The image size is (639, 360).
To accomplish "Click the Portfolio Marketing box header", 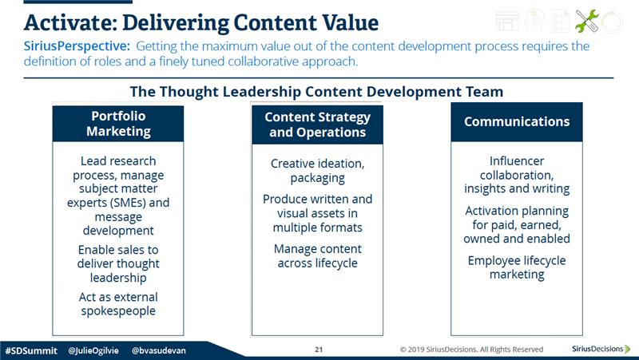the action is pyautogui.click(x=118, y=124).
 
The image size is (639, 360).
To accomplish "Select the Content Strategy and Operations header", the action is pyautogui.click(x=317, y=125).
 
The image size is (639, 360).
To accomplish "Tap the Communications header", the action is pyautogui.click(x=517, y=122).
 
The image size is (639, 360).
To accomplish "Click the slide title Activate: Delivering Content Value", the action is pyautogui.click(x=201, y=22).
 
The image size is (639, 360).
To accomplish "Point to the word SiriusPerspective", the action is pyautogui.click(x=77, y=46).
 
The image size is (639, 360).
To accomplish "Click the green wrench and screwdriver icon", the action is pyautogui.click(x=587, y=21).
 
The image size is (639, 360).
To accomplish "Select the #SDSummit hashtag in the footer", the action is pyautogui.click(x=31, y=350).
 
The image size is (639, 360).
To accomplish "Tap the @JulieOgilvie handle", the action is pyautogui.click(x=93, y=350).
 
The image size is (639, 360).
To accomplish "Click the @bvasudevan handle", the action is pyautogui.click(x=158, y=350).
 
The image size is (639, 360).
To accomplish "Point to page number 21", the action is pyautogui.click(x=319, y=350).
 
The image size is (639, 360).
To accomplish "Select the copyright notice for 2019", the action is pyautogui.click(x=471, y=350).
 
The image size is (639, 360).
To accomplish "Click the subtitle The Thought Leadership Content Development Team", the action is pyautogui.click(x=316, y=92).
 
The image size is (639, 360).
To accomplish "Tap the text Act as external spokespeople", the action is pyautogui.click(x=118, y=304).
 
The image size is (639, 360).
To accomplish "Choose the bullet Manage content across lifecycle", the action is pyautogui.click(x=317, y=255).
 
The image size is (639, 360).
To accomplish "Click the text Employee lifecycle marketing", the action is pyautogui.click(x=517, y=267).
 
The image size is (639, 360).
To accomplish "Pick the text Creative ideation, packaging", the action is pyautogui.click(x=317, y=171).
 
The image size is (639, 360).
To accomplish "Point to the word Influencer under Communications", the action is pyautogui.click(x=517, y=161).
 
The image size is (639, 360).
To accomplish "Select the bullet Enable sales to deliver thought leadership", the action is pyautogui.click(x=118, y=263).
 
